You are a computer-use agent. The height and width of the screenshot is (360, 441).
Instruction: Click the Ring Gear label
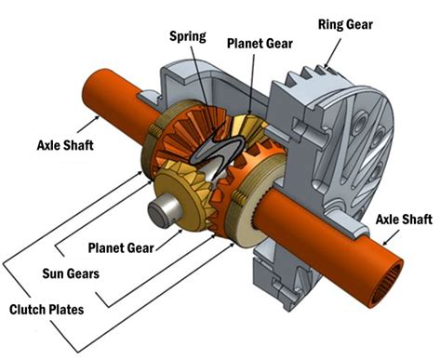[x=345, y=25]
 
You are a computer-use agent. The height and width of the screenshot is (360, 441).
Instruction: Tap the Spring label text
[x=187, y=36]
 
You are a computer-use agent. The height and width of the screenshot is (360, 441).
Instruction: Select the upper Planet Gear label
[x=260, y=44]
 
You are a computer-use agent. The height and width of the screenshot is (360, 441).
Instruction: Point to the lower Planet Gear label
[x=121, y=248]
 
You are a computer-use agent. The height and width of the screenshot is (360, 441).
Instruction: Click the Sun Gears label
[x=71, y=273]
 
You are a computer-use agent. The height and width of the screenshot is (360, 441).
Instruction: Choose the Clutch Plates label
[x=47, y=310]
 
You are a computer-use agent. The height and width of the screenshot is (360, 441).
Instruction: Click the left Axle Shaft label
[x=65, y=145]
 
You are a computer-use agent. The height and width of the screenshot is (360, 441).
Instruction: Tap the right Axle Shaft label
[x=404, y=220]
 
